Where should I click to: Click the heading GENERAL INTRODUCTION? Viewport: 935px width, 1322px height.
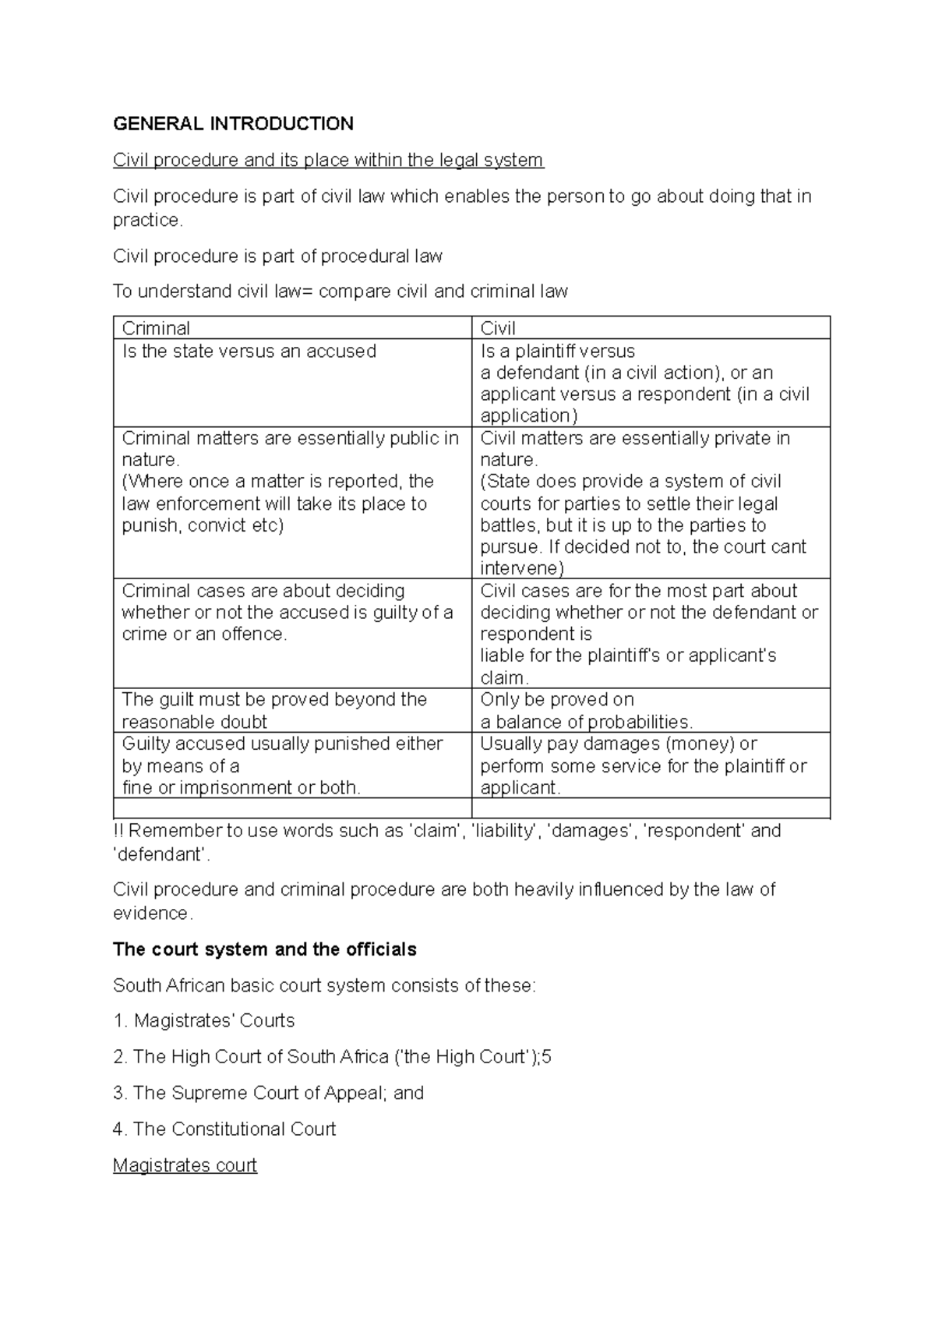233,124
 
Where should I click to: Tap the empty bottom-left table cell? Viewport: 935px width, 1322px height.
292,808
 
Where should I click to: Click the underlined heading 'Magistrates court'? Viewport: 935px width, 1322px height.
185,1165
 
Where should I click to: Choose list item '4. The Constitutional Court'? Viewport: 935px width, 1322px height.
224,1129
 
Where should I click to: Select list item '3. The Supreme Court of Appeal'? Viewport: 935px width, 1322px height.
268,1093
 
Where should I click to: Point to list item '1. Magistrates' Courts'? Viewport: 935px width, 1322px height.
204,1020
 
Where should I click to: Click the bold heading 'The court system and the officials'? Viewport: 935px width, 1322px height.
265,949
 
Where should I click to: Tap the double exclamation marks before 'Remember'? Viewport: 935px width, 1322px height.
118,831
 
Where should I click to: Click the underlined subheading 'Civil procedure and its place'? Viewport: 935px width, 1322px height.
328,160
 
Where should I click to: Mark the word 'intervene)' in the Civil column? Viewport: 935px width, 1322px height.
521,568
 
